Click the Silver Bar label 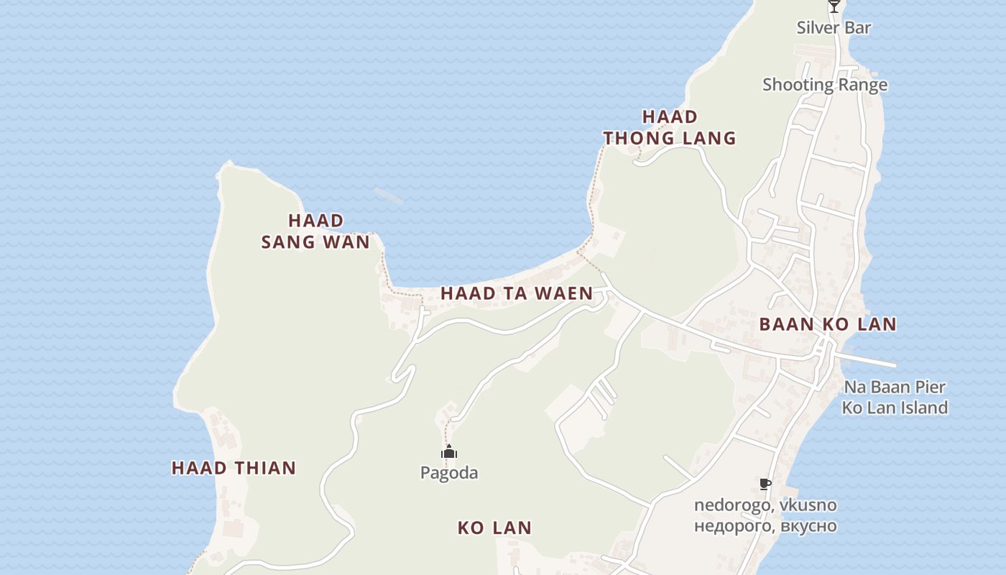[834, 28]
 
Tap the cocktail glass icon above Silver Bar [834, 6]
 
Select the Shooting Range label [825, 85]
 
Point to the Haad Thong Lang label [670, 127]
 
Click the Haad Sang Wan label [315, 231]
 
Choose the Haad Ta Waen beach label [517, 293]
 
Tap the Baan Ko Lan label [828, 325]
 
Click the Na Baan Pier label [895, 387]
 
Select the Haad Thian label [234, 469]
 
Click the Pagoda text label [449, 473]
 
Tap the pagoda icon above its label [449, 452]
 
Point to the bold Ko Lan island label [494, 528]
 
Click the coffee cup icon [765, 484]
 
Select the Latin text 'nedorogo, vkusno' [765, 505]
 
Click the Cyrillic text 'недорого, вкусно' [765, 525]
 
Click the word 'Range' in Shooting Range [863, 85]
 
